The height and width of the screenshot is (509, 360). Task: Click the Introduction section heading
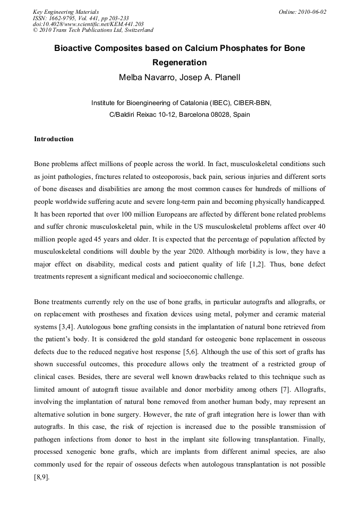click(x=54, y=139)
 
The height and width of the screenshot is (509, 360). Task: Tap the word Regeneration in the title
click(x=179, y=63)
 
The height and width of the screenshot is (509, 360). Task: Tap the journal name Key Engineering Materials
click(x=65, y=12)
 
